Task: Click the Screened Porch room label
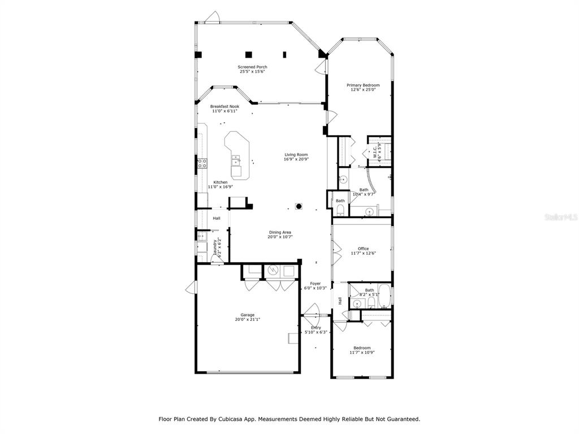click(253, 67)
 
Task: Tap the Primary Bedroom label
click(363, 85)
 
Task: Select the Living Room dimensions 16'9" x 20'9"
click(296, 159)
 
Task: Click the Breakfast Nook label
click(225, 107)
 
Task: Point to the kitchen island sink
click(235, 160)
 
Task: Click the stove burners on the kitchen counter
click(202, 163)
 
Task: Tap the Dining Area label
click(280, 232)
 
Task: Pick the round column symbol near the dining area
click(299, 206)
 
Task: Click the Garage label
click(248, 315)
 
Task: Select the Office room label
click(364, 249)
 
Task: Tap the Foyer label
click(316, 284)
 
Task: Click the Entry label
click(316, 328)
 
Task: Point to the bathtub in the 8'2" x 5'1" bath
click(384, 296)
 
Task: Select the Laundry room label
click(214, 248)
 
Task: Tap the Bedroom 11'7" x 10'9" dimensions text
click(362, 353)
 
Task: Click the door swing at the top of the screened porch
click(213, 18)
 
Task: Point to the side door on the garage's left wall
click(191, 287)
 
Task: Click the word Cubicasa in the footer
click(230, 419)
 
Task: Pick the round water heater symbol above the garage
click(273, 271)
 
